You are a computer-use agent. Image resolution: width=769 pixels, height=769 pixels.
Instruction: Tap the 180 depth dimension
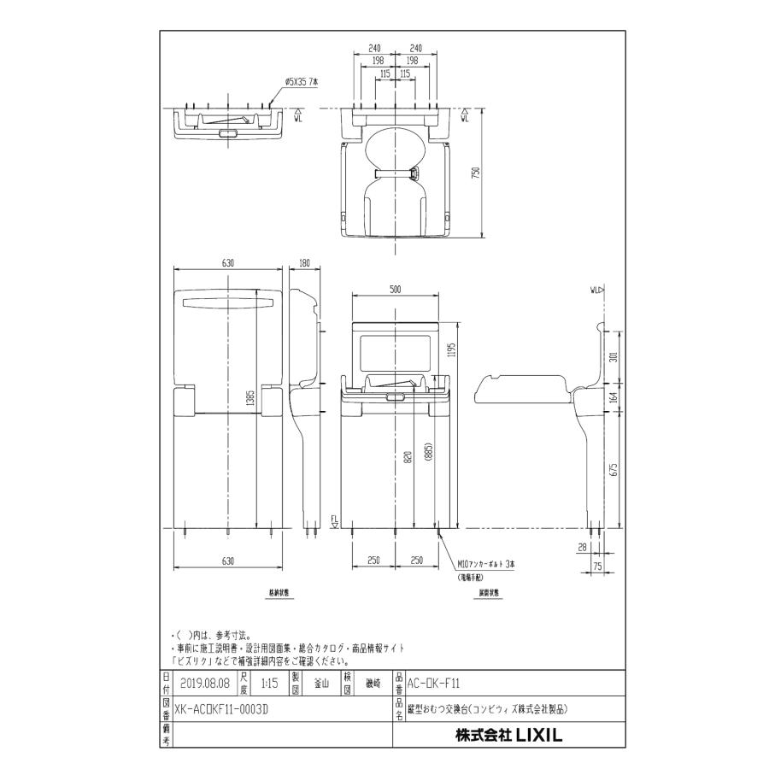(305, 263)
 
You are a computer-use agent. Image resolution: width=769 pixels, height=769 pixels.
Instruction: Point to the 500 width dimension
(395, 290)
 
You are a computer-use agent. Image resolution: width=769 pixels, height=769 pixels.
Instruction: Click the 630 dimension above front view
(228, 263)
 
